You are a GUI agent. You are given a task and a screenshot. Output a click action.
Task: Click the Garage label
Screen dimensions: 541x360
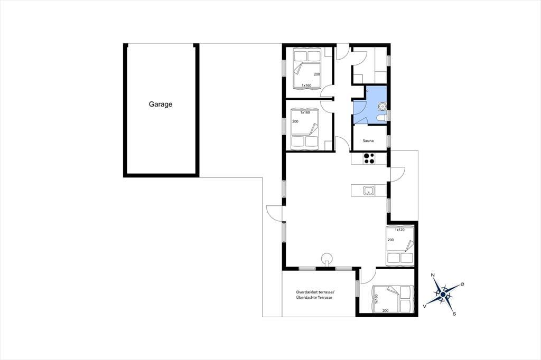pyautogui.click(x=161, y=104)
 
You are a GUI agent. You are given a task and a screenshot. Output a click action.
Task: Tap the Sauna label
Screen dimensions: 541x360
pyautogui.click(x=368, y=141)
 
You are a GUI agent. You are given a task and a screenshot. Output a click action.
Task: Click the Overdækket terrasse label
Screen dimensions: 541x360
pyautogui.click(x=313, y=292)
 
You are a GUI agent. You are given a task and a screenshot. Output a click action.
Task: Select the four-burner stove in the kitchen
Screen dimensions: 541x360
pyautogui.click(x=368, y=158)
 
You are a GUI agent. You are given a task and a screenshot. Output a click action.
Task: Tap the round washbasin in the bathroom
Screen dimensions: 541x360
pyautogui.click(x=383, y=106)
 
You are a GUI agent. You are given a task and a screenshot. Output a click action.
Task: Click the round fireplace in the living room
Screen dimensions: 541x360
pyautogui.click(x=327, y=259)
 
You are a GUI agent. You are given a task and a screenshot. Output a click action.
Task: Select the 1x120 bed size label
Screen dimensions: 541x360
pyautogui.click(x=399, y=230)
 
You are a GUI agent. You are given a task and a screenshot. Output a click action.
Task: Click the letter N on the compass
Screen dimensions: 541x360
pyautogui.click(x=433, y=275)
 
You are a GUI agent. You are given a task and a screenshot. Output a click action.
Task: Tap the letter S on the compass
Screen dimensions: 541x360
pyautogui.click(x=454, y=314)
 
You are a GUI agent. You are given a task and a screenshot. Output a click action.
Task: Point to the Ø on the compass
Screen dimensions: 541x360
pyautogui.click(x=462, y=284)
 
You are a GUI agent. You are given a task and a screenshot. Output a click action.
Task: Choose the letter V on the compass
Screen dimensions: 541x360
pyautogui.click(x=425, y=306)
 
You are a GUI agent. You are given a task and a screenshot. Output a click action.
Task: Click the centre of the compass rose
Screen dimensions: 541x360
pyautogui.click(x=443, y=294)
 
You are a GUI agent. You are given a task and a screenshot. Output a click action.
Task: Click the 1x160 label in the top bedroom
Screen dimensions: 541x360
pyautogui.click(x=306, y=85)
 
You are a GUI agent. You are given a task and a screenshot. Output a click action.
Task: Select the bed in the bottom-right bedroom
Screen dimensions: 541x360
pyautogui.click(x=393, y=299)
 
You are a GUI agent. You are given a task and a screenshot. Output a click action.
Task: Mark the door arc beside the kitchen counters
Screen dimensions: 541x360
pyautogui.click(x=397, y=174)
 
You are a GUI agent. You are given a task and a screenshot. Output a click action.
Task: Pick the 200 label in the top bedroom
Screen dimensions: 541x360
pyautogui.click(x=317, y=74)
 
